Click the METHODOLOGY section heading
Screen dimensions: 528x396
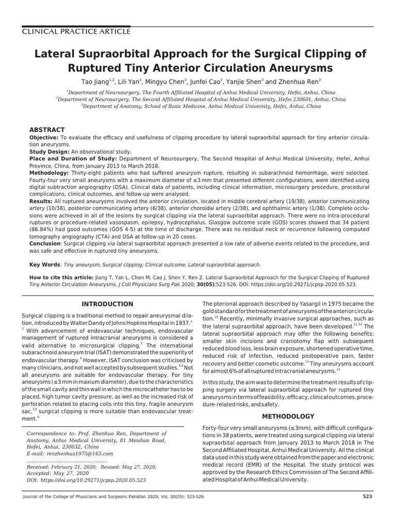point(288,416)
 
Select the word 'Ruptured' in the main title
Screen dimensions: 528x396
point(98,68)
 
